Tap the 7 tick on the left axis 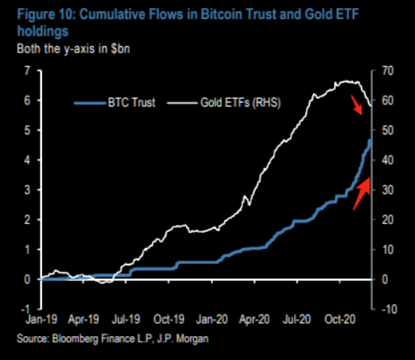click(x=27, y=72)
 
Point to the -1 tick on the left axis click(x=26, y=308)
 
